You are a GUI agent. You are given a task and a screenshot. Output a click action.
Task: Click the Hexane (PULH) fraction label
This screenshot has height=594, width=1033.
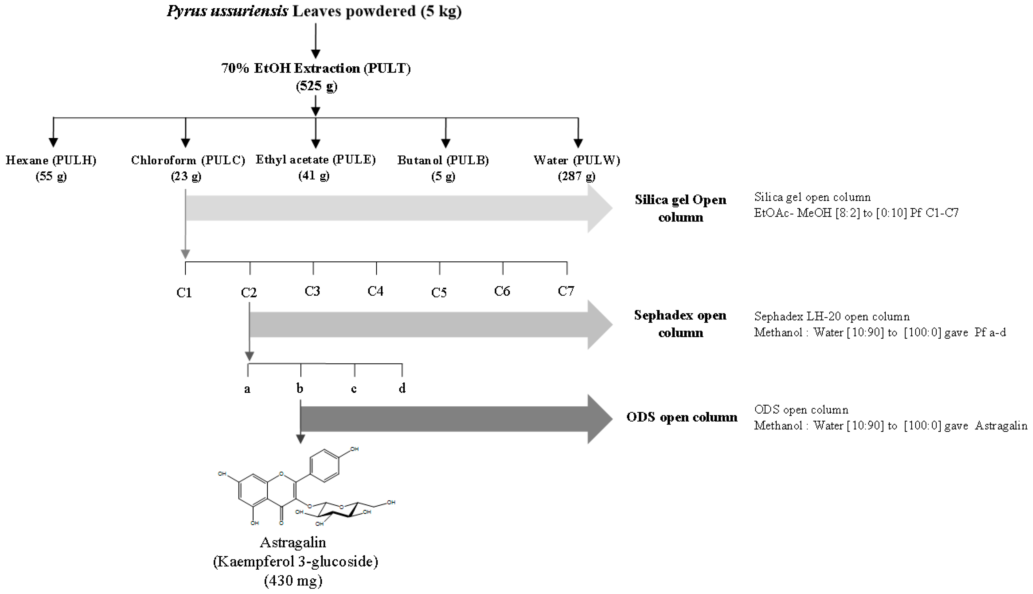[x=51, y=160]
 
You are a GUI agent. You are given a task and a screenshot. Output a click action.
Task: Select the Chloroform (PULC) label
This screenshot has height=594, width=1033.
[x=188, y=160]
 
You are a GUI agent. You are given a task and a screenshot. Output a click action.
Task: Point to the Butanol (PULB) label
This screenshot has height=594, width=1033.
[x=443, y=160]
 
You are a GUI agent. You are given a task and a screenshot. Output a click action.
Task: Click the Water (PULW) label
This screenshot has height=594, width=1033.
[x=577, y=160]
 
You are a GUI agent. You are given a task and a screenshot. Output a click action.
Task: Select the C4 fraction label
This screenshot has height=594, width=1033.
[x=375, y=291]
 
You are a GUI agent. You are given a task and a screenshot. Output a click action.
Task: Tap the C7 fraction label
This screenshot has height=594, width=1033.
[x=566, y=291]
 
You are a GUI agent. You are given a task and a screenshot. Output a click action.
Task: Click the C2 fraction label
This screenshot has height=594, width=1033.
[x=249, y=293]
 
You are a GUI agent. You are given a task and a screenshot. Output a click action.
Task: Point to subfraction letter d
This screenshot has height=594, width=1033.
[x=402, y=388]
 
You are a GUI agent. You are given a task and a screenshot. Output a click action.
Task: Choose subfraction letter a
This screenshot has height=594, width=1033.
[x=247, y=389]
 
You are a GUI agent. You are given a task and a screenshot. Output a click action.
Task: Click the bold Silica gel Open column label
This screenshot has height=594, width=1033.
[x=680, y=208]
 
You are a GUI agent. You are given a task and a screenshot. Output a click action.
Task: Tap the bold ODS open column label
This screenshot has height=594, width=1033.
[x=682, y=417]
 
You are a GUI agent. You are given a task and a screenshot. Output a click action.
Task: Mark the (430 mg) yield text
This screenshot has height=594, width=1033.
[x=293, y=580]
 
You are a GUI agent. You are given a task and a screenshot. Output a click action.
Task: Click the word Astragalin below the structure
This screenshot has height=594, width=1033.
[x=293, y=543]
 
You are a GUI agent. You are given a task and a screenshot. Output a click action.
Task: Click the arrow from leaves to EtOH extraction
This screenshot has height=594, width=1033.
[x=315, y=41]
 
